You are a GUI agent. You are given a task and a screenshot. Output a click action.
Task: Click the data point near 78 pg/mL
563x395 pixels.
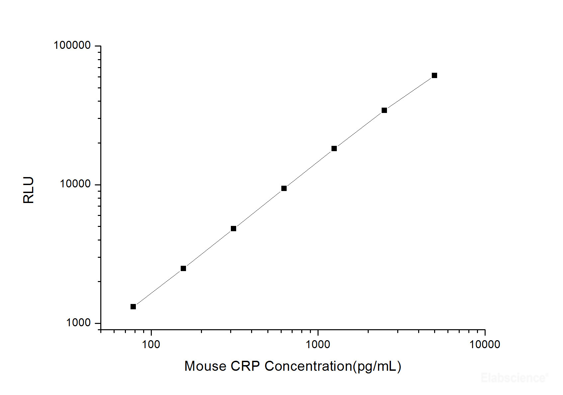pyautogui.click(x=133, y=307)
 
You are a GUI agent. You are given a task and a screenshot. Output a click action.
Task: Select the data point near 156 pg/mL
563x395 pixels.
pyautogui.click(x=183, y=268)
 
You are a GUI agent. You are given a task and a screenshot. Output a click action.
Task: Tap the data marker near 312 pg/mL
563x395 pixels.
pyautogui.click(x=234, y=229)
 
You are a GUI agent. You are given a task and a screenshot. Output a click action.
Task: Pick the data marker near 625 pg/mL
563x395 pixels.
pyautogui.click(x=284, y=188)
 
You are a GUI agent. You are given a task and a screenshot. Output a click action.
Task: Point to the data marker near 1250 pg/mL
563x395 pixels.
pyautogui.click(x=334, y=148)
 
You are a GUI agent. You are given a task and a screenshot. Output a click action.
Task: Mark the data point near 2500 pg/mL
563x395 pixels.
pyautogui.click(x=384, y=110)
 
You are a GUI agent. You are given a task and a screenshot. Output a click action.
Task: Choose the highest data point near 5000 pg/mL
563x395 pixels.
pyautogui.click(x=434, y=75)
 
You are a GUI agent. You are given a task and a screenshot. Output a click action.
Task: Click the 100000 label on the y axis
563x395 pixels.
pyautogui.click(x=72, y=45)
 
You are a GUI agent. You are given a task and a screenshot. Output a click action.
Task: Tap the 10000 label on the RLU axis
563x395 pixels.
pyautogui.click(x=75, y=184)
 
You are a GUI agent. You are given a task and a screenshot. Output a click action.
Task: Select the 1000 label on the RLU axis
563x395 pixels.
pyautogui.click(x=78, y=323)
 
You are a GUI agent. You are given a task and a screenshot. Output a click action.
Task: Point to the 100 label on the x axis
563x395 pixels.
pyautogui.click(x=151, y=345)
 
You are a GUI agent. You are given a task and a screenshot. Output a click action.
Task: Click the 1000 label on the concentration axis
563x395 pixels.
pyautogui.click(x=318, y=345)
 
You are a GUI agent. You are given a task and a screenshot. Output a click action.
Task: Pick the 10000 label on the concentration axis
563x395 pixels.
pyautogui.click(x=485, y=345)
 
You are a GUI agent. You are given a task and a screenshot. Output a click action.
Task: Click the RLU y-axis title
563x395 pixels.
pyautogui.click(x=29, y=190)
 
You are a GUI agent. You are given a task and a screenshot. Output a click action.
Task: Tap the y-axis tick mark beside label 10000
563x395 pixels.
pyautogui.click(x=98, y=185)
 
